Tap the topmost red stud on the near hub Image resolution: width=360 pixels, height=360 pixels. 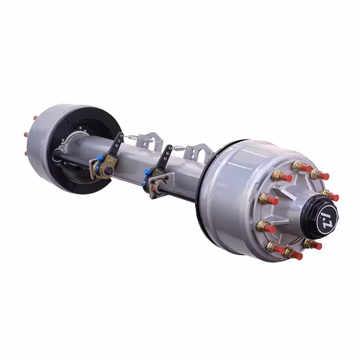(305, 168)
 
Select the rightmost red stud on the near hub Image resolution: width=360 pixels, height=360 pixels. (333, 196)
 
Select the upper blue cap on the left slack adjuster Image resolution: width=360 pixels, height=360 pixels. (99, 158)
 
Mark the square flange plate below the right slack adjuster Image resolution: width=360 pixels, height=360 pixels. (156, 186)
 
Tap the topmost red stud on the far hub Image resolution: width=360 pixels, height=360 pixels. (31, 118)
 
